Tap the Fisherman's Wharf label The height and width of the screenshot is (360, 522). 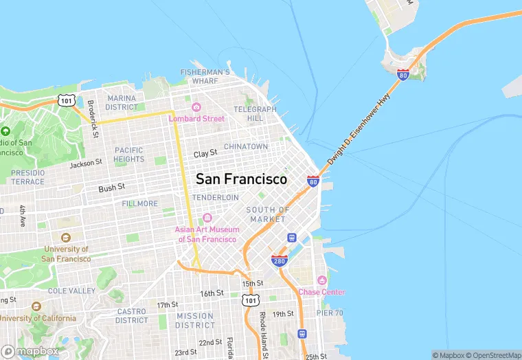(x=205, y=76)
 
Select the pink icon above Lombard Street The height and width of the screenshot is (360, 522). (x=196, y=106)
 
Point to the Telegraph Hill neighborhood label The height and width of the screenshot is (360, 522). (x=255, y=113)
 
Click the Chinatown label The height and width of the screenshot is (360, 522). (x=246, y=146)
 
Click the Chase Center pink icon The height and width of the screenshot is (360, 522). (x=321, y=280)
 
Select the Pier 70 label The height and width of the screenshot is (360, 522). (x=330, y=313)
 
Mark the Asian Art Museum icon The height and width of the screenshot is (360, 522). (x=207, y=218)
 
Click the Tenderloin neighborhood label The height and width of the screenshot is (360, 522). (x=215, y=197)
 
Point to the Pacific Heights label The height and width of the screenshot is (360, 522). (x=129, y=155)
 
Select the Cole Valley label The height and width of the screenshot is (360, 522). (x=72, y=291)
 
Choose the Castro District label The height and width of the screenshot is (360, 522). (x=132, y=316)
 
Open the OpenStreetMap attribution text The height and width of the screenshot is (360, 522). (x=492, y=355)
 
